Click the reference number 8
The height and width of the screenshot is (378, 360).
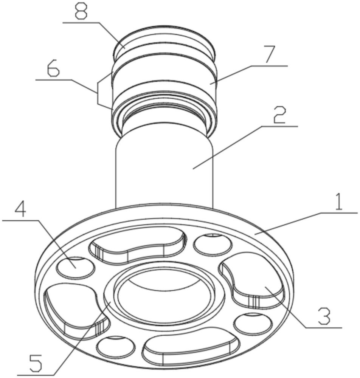pyautogui.click(x=81, y=11)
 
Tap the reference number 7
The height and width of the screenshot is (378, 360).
pyautogui.click(x=270, y=55)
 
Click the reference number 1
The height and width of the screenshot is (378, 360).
pyautogui.click(x=339, y=202)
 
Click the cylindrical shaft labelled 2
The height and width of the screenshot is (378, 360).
pyautogui.click(x=164, y=170)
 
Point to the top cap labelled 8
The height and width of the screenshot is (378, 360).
pyautogui.click(x=164, y=40)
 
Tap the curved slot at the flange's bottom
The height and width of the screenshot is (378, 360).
pyautogui.click(x=191, y=346)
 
